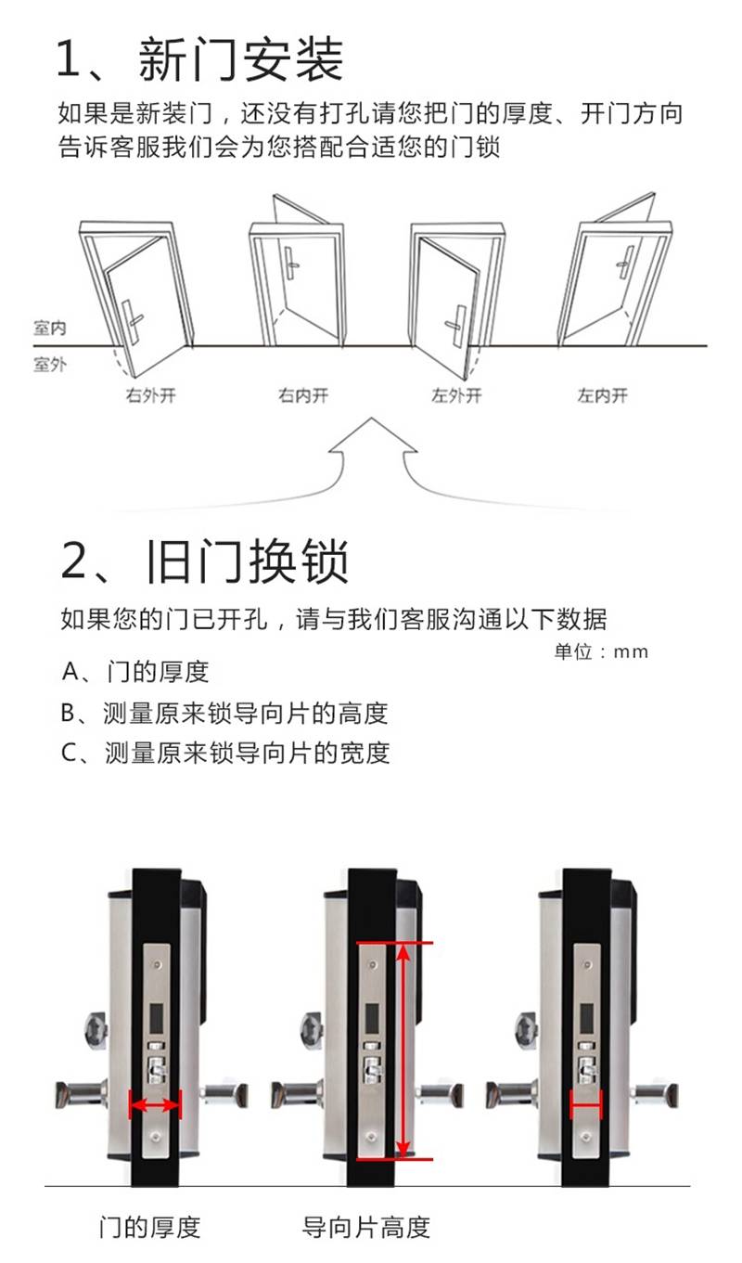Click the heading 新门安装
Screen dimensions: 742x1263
coord(241,58)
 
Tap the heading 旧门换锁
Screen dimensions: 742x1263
coord(247,561)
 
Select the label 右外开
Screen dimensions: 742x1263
coord(150,395)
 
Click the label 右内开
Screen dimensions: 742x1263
coord(302,395)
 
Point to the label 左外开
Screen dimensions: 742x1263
coord(456,395)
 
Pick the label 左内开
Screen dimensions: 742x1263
coord(602,395)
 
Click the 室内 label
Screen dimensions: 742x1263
coord(49,328)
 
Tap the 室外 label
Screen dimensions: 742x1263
coord(49,365)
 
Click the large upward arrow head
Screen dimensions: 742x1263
coord(372,435)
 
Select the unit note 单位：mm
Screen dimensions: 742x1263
coord(601,651)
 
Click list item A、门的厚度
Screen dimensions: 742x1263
coord(135,672)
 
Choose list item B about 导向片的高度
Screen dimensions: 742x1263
coord(224,714)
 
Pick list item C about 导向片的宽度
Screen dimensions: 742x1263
coord(225,753)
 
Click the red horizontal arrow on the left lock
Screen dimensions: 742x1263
coord(155,1105)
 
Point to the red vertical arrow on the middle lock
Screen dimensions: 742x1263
coord(403,1050)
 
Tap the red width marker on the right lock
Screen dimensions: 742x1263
coord(586,1104)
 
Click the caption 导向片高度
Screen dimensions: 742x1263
coord(366,1228)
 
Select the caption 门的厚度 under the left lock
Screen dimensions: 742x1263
coord(150,1228)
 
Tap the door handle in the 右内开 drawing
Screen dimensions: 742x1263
coord(291,263)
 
